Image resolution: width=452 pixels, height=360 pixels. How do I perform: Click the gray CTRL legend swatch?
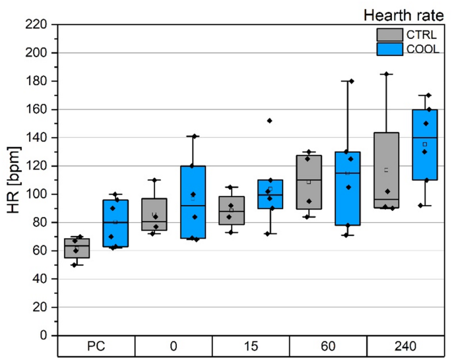point(389,34)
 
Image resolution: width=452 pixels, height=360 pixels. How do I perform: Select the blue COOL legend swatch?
point(389,49)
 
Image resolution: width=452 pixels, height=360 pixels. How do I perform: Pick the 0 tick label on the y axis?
point(47,336)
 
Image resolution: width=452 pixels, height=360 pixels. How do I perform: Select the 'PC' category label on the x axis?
point(96,347)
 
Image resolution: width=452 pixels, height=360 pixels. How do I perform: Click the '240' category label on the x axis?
point(406,347)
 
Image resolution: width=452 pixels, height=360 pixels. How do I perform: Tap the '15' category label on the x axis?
point(251,347)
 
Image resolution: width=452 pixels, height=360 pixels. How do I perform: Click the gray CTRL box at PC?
point(77,248)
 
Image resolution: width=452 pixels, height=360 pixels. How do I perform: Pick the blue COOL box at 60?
point(347,198)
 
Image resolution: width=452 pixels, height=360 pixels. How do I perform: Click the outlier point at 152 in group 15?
point(269,121)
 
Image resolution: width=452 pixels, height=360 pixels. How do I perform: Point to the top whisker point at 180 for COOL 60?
point(351,81)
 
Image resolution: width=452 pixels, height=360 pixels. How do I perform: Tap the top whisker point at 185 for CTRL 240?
point(387,74)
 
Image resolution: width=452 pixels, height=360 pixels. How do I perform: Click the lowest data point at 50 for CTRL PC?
point(74,265)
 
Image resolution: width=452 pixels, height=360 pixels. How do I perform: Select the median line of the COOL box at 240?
point(424,138)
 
